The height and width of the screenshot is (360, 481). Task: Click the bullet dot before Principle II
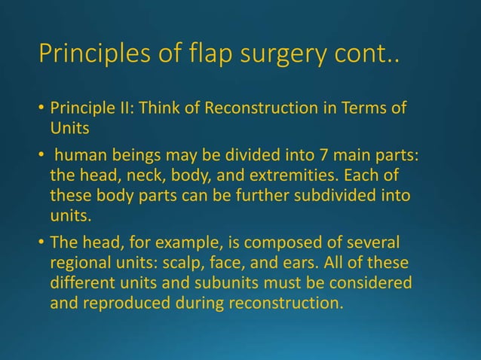tap(41, 111)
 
